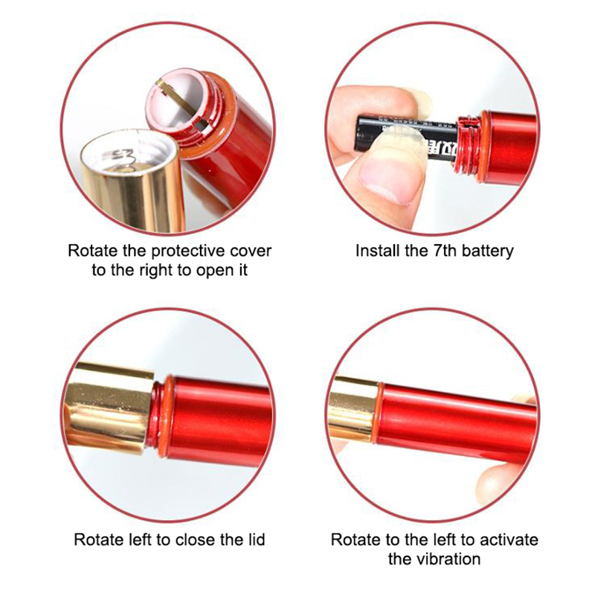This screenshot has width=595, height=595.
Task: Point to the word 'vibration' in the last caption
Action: [451, 559]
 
